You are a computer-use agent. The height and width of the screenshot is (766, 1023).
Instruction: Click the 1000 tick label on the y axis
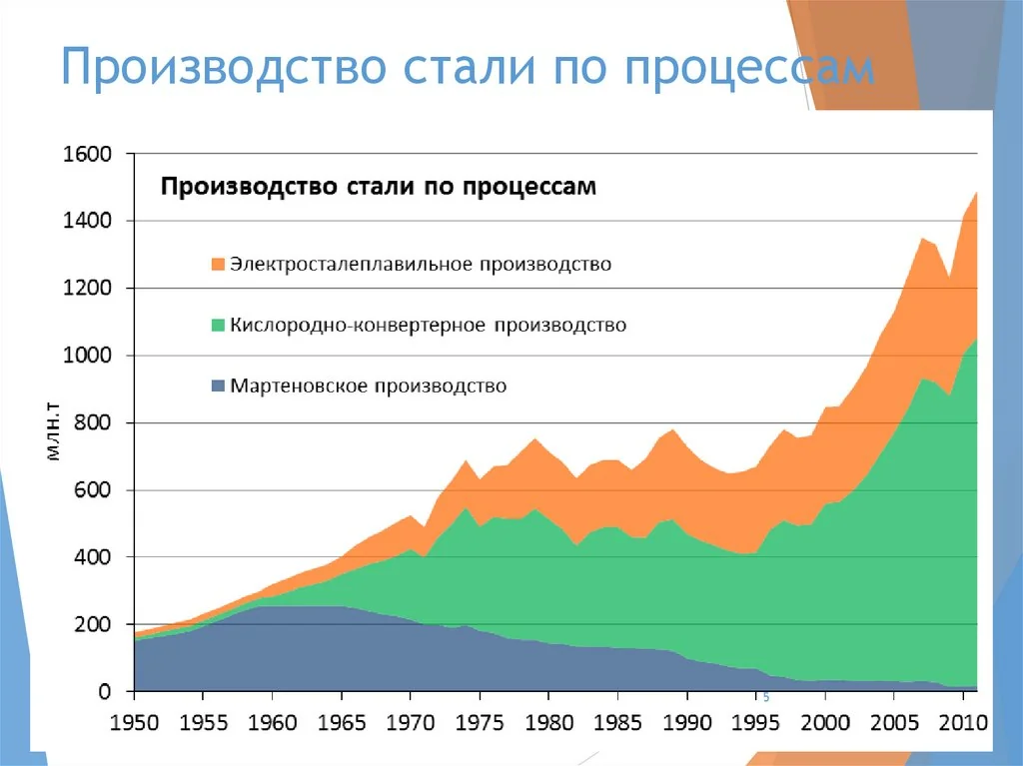coord(87,357)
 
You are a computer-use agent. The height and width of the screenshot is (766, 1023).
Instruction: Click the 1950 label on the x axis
coord(134,720)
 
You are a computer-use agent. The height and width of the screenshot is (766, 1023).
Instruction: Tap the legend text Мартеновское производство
coord(368,385)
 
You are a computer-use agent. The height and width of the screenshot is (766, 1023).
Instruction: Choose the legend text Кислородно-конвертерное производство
coord(428,326)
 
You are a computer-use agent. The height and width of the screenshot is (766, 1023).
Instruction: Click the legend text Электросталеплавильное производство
coord(420,266)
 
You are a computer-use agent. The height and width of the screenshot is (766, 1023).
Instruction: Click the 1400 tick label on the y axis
coord(87,221)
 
